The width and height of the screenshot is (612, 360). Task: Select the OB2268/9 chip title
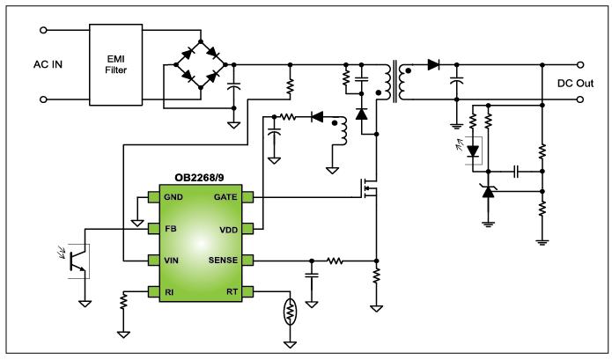click(197, 179)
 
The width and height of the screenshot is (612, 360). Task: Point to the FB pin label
click(170, 229)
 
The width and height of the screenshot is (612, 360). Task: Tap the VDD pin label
click(228, 229)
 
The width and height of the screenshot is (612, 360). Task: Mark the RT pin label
click(232, 290)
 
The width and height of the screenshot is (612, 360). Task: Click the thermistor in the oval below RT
click(288, 312)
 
